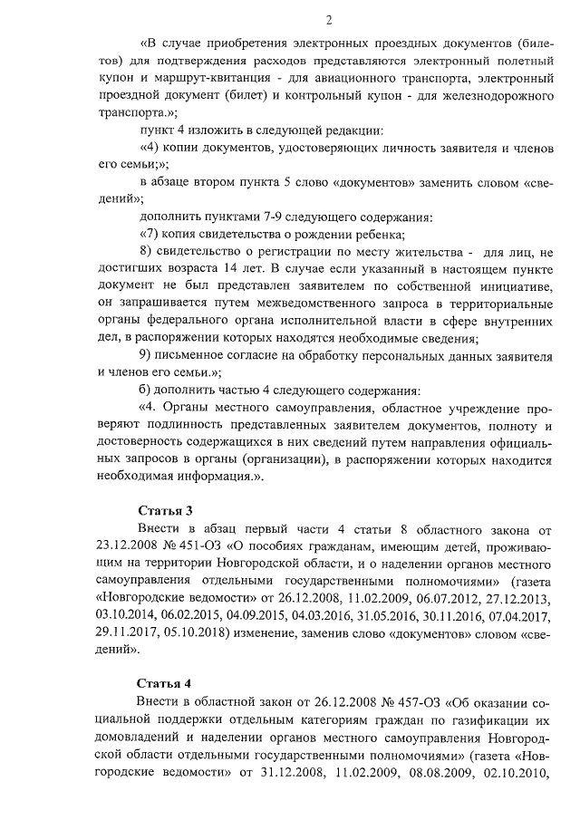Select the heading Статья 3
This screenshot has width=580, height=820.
coord(165,511)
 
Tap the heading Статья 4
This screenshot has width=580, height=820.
coord(165,682)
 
